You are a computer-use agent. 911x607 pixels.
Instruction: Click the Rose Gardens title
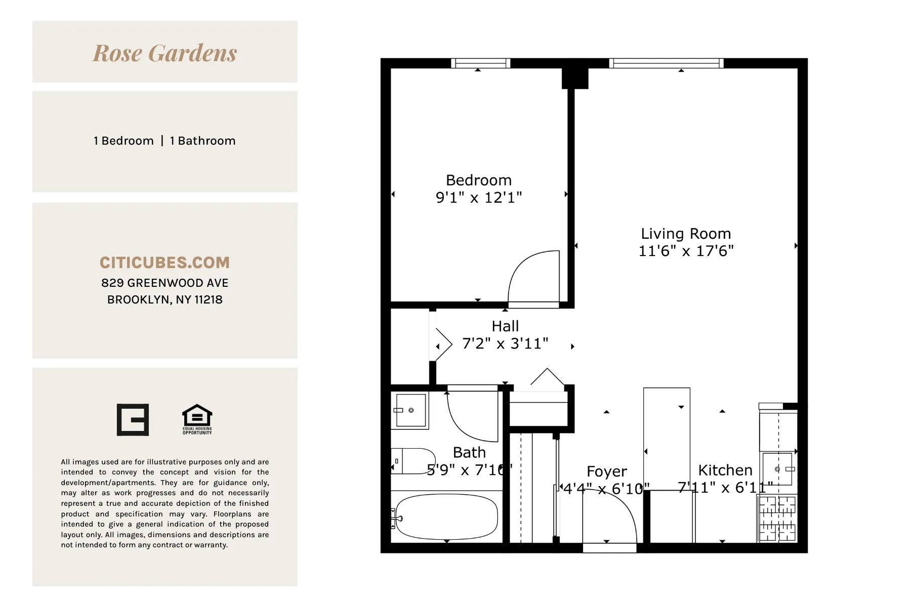point(165,53)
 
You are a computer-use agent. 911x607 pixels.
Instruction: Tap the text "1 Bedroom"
point(123,141)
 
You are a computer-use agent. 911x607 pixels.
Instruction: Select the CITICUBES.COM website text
point(165,263)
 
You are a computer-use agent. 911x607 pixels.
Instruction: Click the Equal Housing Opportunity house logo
point(197,419)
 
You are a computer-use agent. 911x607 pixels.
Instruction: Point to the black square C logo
point(133,419)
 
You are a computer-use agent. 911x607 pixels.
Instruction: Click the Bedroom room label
point(478,180)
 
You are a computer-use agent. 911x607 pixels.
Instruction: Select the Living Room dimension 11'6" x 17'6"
point(686,251)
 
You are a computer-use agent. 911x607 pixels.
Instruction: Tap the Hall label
point(505,326)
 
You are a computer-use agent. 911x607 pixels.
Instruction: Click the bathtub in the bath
point(446,516)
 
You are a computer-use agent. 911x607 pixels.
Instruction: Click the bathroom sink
point(410,410)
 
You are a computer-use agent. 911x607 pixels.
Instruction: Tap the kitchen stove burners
point(777,518)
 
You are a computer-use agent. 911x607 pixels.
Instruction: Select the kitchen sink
point(778,469)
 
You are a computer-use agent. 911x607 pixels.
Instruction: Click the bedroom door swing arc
point(531,276)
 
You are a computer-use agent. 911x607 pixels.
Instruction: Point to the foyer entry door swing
point(610,518)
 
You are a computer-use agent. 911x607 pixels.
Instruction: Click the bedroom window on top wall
point(480,63)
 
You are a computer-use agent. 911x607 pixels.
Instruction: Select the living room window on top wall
point(666,63)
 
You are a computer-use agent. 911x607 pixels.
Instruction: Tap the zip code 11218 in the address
point(209,299)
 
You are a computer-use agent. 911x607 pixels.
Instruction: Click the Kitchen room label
point(725,470)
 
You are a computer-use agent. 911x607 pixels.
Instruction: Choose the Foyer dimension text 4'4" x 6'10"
point(606,489)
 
